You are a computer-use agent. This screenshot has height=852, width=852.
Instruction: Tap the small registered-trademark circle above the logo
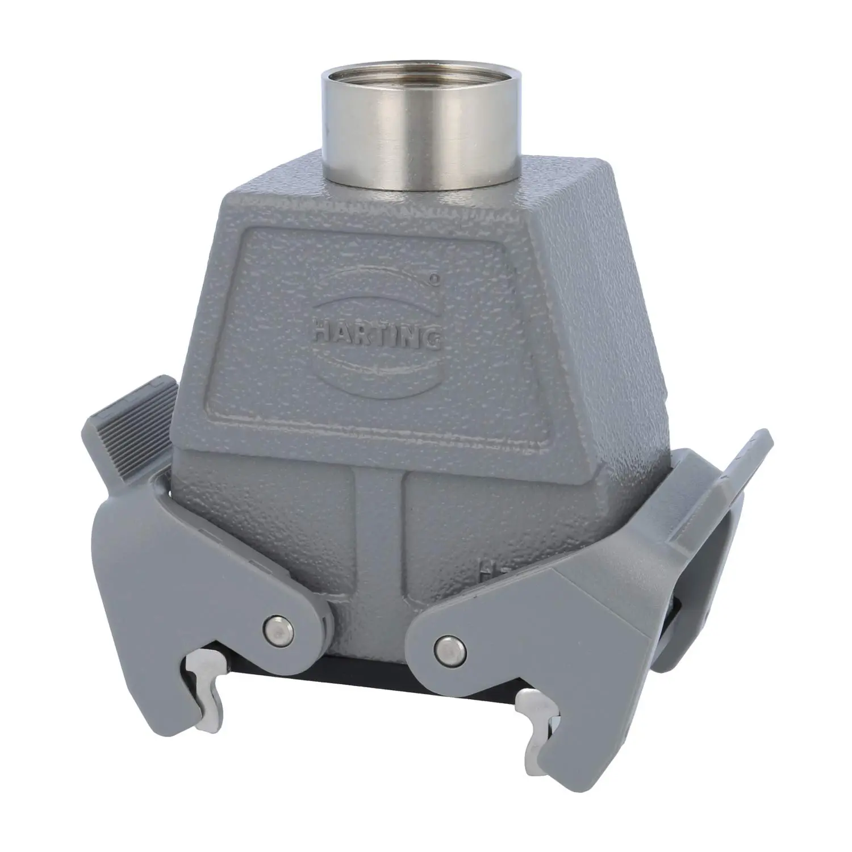pos(435,279)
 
